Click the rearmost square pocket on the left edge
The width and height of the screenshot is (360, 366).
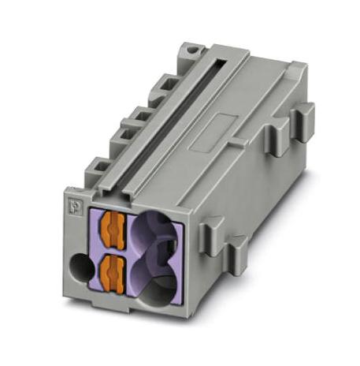tap(166, 82)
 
